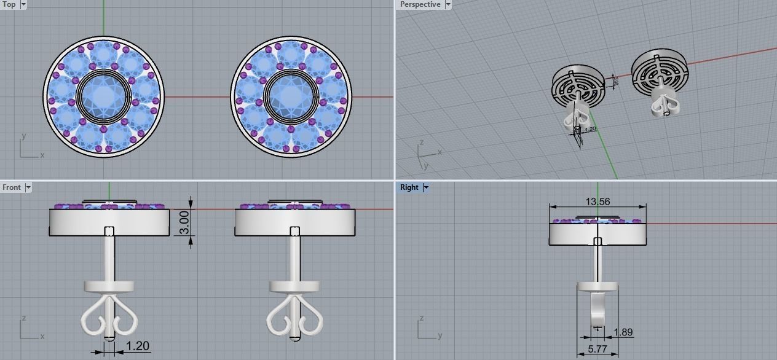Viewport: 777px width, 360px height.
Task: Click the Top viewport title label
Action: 9,4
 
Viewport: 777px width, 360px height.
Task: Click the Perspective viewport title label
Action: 420,4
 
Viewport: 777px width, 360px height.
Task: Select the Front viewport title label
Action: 11,187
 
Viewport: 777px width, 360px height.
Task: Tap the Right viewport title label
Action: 409,187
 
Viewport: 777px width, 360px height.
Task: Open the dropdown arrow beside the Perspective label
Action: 448,4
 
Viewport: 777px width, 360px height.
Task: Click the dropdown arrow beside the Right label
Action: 426,187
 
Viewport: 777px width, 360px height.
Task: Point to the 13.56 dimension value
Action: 598,202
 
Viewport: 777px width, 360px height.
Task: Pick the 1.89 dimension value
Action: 623,332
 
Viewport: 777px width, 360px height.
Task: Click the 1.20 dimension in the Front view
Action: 137,346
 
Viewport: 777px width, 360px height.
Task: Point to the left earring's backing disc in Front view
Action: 109,286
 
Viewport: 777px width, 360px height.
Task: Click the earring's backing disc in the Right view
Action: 597,287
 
